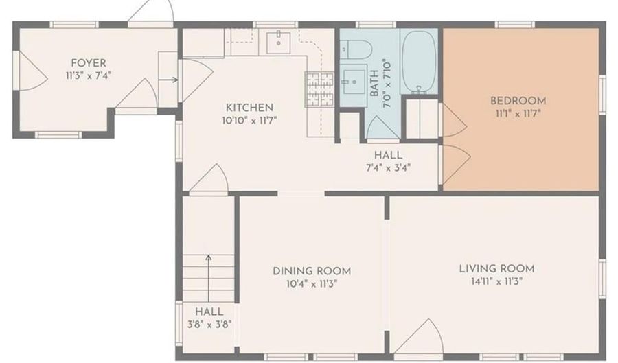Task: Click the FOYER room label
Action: coord(89,63)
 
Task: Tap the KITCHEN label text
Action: coord(249,108)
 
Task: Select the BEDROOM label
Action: coord(518,101)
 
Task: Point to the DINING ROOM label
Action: coord(312,271)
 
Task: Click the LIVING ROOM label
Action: coord(496,269)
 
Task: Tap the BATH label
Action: coord(374,82)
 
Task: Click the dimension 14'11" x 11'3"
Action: coord(496,282)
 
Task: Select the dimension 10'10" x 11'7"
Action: coord(249,121)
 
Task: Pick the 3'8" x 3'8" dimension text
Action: coord(209,325)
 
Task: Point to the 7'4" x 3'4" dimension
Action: coord(388,168)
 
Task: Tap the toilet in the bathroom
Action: coord(356,50)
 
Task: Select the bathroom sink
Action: coord(354,82)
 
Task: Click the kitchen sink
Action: coord(279,43)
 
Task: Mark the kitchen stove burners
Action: coord(319,90)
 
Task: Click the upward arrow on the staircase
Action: coord(209,279)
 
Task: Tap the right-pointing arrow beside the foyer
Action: coord(168,80)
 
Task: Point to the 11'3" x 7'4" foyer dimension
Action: coord(89,75)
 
